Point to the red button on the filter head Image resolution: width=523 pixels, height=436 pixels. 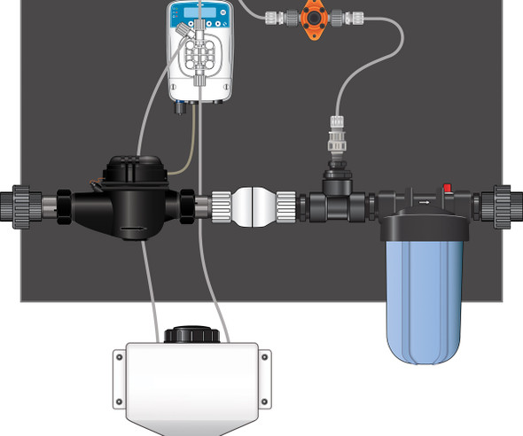click(x=448, y=188)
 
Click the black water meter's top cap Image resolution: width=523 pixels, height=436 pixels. click(x=129, y=167)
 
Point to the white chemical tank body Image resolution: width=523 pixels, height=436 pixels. click(x=191, y=381)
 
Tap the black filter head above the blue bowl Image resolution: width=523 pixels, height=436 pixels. click(x=417, y=203)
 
